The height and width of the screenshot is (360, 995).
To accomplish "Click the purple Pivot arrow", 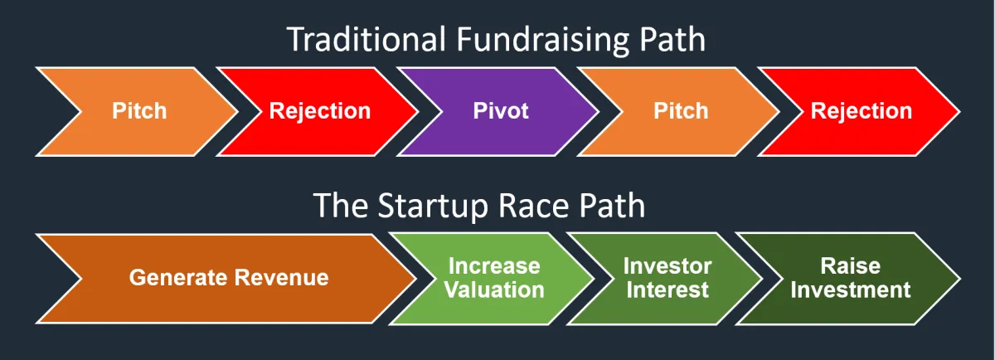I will point(501,111).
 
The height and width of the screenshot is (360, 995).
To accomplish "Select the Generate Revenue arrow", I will point(228,277).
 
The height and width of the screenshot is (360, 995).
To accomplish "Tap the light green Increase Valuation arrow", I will point(494,278).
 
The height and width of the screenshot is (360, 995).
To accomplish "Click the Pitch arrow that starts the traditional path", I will point(138,111).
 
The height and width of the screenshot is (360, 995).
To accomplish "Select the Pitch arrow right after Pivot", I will point(681,111).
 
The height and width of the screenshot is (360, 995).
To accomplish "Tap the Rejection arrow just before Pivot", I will point(319,111).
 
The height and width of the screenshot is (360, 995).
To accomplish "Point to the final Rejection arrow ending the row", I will point(861,111).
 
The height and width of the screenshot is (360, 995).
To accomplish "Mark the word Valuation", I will point(494,289).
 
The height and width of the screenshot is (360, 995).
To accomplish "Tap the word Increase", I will point(494,266).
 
